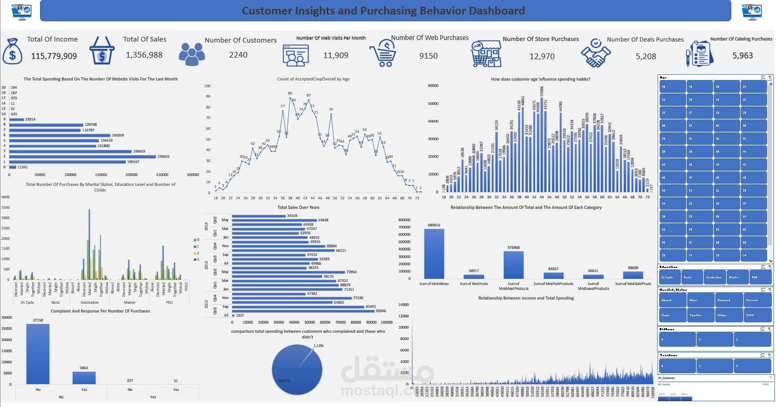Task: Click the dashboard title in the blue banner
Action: click(383, 11)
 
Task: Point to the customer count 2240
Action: click(238, 55)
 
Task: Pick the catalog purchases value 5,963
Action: click(742, 56)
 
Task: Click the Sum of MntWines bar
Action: click(434, 254)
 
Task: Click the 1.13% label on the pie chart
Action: click(318, 345)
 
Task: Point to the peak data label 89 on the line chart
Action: click(290, 93)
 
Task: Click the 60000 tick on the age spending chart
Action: click(434, 86)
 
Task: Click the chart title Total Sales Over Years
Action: click(298, 208)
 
